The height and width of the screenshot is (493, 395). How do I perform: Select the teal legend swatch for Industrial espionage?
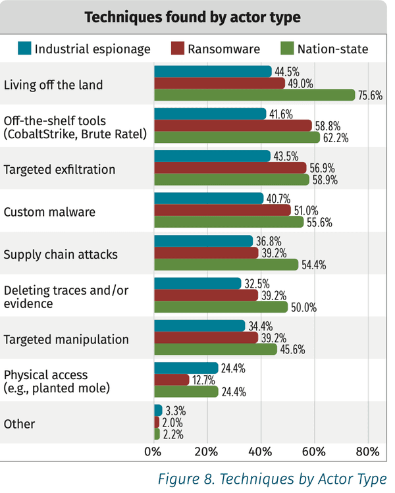24,48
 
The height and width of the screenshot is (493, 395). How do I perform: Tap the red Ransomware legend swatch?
177,48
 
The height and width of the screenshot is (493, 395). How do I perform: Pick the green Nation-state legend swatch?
286,48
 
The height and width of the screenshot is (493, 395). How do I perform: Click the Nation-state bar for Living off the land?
254,95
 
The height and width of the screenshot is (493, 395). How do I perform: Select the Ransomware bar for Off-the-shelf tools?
232,126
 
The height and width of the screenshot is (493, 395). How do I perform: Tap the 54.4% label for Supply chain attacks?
313,265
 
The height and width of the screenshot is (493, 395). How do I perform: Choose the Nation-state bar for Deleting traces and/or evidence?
221,307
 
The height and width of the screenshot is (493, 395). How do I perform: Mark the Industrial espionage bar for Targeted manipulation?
199,326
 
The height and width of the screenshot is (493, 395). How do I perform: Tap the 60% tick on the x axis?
313,452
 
